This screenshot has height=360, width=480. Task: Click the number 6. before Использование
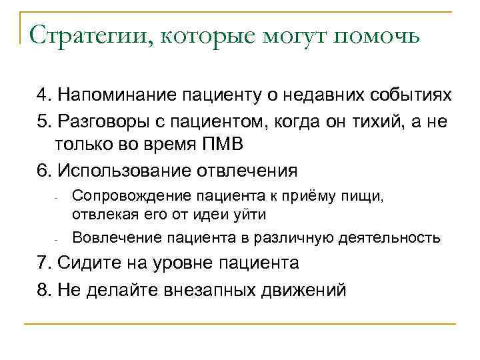point(44,170)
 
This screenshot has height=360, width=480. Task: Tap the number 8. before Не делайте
point(44,290)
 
